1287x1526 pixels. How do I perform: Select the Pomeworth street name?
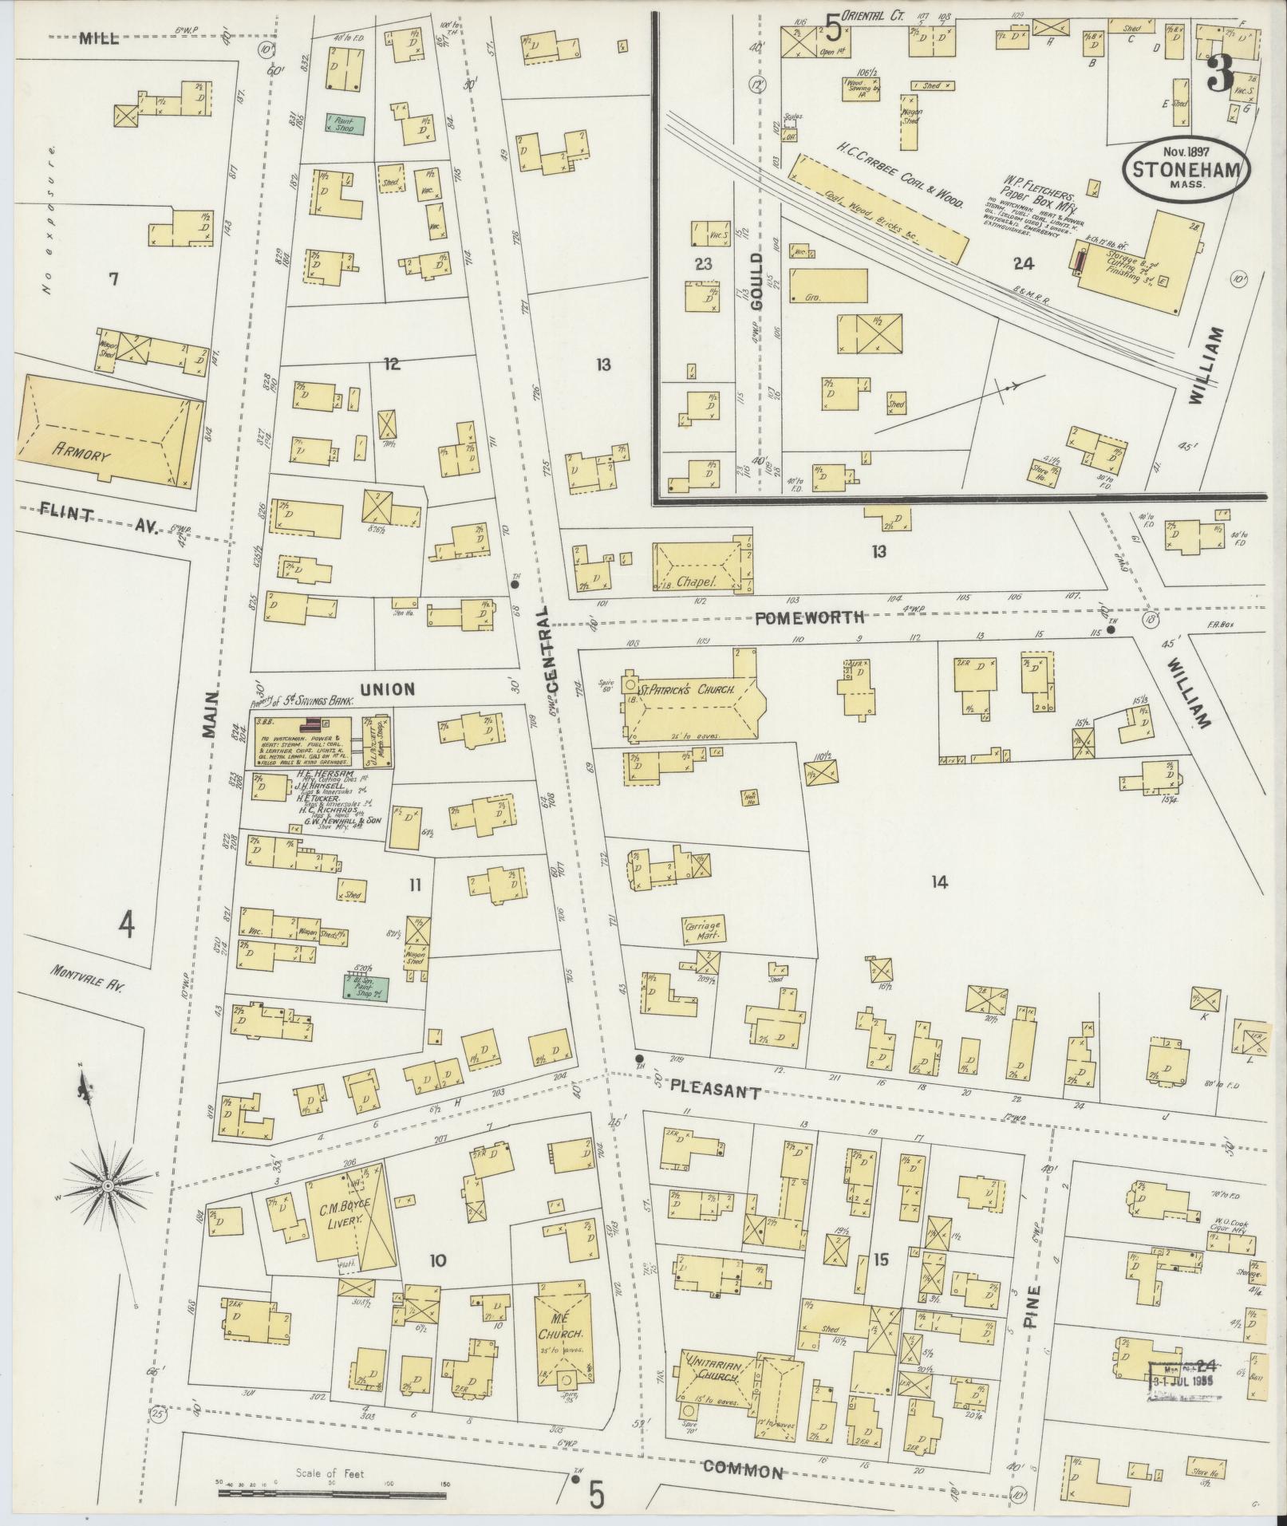coord(809,617)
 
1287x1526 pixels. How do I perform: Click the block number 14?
coord(938,881)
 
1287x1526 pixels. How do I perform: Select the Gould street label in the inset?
coord(757,281)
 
